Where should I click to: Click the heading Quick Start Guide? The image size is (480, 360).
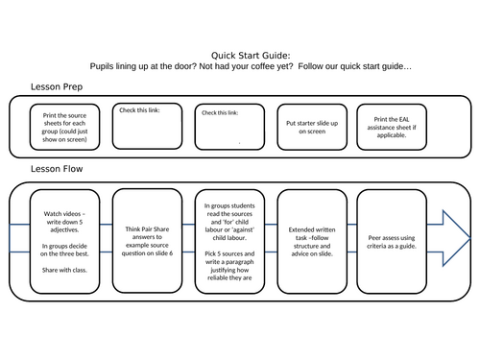coord(251,56)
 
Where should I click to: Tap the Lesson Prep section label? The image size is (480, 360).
coord(57,87)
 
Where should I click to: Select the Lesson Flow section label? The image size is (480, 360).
coord(57,169)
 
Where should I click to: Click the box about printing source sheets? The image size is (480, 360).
coord(64,127)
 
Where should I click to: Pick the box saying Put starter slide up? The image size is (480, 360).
coord(312,127)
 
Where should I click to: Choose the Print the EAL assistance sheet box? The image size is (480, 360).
coord(392,127)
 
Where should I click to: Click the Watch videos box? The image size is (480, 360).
coord(64,242)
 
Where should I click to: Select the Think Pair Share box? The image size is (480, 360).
coord(147,241)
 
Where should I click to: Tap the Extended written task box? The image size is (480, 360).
coord(312,242)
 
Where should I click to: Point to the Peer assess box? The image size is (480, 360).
coord(392,242)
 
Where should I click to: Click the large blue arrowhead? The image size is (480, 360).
coord(456,238)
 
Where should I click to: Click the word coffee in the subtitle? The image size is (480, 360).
coord(262,66)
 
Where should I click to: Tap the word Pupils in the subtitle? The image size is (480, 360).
coord(101,66)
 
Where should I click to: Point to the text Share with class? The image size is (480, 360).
coord(64,270)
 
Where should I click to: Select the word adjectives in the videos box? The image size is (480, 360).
coord(64,230)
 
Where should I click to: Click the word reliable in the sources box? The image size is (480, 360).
coord(219,277)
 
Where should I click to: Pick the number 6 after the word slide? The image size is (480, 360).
coord(171,253)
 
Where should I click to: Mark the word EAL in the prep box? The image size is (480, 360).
coord(404,119)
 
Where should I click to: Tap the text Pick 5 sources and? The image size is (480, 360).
coord(229,253)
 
